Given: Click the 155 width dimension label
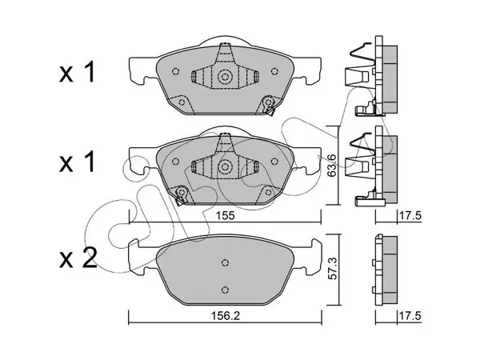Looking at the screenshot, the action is (225, 216).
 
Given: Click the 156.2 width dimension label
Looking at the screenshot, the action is (226, 316).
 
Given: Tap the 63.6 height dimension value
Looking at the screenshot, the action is (331, 166).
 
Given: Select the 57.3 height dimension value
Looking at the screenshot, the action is (332, 270).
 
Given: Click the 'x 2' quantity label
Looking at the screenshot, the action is (78, 258).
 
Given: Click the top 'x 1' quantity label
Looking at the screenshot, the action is (77, 73).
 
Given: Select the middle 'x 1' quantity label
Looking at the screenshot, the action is (77, 162).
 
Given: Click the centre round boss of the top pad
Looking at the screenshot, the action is (225, 77).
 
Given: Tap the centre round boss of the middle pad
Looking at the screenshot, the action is (225, 166).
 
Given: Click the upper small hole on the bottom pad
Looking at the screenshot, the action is (225, 262).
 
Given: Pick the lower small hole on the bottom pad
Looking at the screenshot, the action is (225, 290).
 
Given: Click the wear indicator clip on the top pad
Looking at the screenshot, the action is (270, 106).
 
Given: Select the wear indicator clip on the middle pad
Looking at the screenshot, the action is (181, 196).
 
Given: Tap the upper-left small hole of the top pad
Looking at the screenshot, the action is (176, 71).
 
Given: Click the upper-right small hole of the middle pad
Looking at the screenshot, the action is (274, 162).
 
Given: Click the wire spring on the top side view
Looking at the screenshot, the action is (362, 54).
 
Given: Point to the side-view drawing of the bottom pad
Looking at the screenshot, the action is (386, 270).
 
